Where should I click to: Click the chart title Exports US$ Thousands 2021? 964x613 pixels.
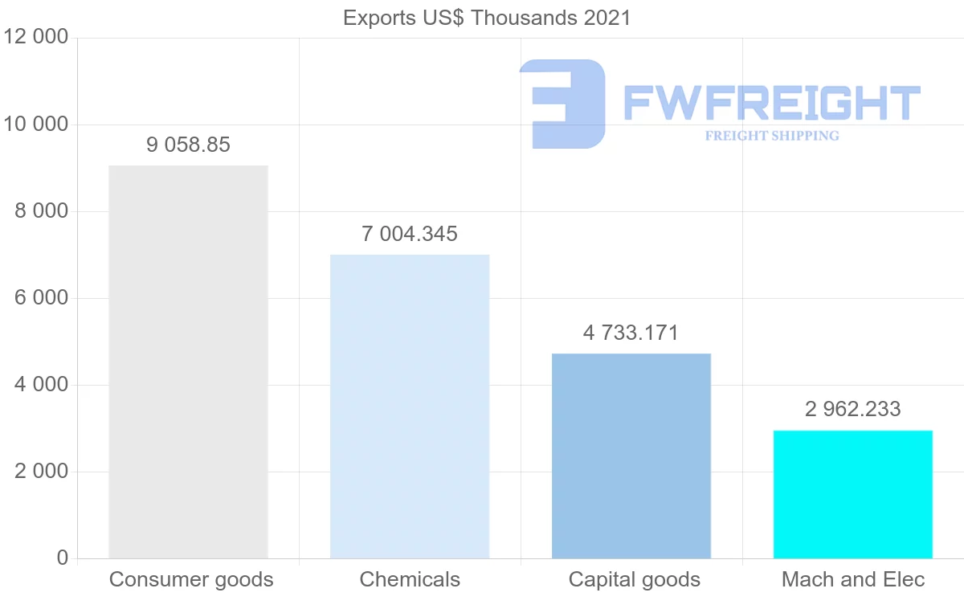pyautogui.click(x=487, y=18)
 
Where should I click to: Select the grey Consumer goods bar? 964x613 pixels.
pyautogui.click(x=188, y=362)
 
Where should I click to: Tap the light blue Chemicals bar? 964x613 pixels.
pyautogui.click(x=410, y=407)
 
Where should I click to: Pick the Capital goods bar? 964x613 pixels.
pyautogui.click(x=631, y=456)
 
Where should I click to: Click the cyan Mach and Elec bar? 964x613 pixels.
pyautogui.click(x=853, y=494)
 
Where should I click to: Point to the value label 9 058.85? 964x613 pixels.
pyautogui.click(x=188, y=145)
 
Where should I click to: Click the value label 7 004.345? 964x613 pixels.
pyautogui.click(x=410, y=234)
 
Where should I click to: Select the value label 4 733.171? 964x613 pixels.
pyautogui.click(x=631, y=333)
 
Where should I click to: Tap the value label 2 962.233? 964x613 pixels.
pyautogui.click(x=853, y=409)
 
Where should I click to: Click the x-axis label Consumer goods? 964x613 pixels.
pyautogui.click(x=191, y=579)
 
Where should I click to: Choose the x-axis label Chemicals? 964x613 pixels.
pyautogui.click(x=410, y=579)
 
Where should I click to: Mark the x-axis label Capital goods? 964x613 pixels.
pyautogui.click(x=635, y=579)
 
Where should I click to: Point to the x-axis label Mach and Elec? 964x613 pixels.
pyautogui.click(x=853, y=579)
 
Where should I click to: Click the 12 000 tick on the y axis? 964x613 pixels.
pyautogui.click(x=36, y=38)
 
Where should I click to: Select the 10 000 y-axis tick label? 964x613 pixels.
pyautogui.click(x=36, y=125)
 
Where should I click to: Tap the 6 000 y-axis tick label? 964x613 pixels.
pyautogui.click(x=41, y=298)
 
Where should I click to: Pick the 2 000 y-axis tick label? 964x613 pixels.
pyautogui.click(x=41, y=472)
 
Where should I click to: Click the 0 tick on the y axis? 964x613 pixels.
pyautogui.click(x=63, y=558)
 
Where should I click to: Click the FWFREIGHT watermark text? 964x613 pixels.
pyautogui.click(x=771, y=103)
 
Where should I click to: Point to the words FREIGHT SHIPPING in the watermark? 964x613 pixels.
pyautogui.click(x=772, y=136)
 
